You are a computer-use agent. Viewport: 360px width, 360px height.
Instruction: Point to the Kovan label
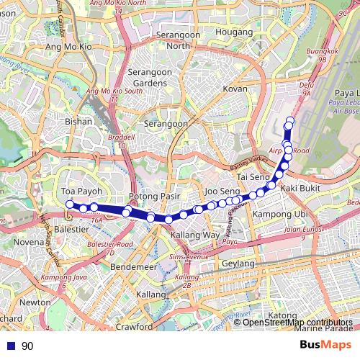(x=235, y=89)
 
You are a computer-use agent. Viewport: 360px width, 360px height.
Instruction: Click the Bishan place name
(x=78, y=122)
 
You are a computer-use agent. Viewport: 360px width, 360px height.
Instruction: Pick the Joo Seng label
(x=222, y=191)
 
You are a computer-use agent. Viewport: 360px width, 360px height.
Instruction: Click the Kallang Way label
(x=194, y=235)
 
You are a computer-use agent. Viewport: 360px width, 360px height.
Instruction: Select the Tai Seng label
(x=253, y=176)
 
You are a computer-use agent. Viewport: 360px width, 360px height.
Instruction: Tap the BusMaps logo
(x=325, y=345)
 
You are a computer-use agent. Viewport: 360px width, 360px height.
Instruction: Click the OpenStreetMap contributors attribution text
(x=298, y=322)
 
